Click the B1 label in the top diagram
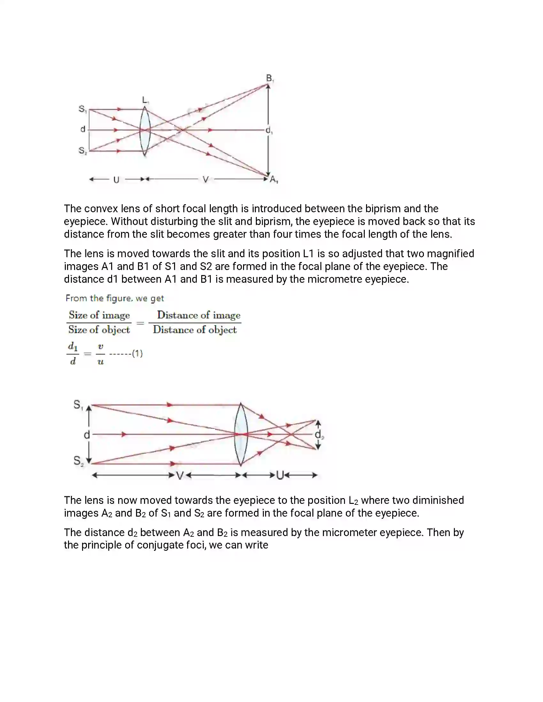[270, 78]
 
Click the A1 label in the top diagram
[274, 179]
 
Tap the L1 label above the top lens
[145, 100]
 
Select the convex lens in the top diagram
[145, 131]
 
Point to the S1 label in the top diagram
[82, 109]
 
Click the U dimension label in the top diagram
[117, 180]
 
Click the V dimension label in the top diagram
[206, 180]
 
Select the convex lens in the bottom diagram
[241, 434]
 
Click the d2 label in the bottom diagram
[319, 435]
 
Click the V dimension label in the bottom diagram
[180, 475]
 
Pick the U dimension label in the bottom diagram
[280, 475]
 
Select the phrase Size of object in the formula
[99, 330]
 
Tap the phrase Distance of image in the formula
[198, 315]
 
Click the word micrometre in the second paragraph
[334, 279]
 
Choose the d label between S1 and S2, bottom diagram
[87, 435]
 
